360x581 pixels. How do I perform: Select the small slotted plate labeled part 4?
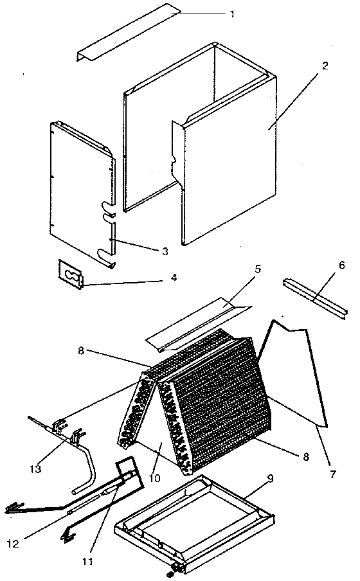[x=70, y=275]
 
